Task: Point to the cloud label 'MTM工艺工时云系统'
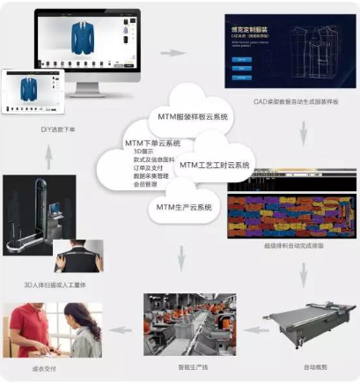tap(215, 165)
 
